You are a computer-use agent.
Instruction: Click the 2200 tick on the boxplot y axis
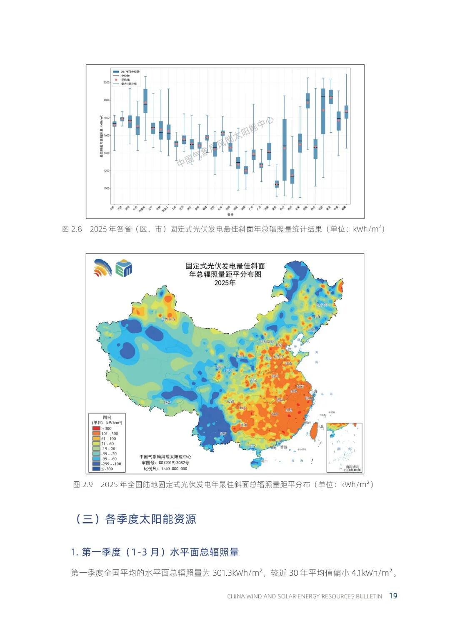pyautogui.click(x=107, y=83)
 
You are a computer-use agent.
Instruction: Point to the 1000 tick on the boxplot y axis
pyautogui.click(x=107, y=189)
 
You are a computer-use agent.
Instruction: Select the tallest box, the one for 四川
pyautogui.click(x=285, y=150)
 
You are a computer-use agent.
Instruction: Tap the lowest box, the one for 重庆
pyautogui.click(x=277, y=184)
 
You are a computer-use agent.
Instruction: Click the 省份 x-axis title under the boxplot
pyautogui.click(x=230, y=214)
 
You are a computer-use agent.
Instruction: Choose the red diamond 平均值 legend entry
pyautogui.click(x=116, y=80)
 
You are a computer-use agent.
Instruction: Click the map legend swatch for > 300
pyautogui.click(x=96, y=428)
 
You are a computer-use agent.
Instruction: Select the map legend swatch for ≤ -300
pyautogui.click(x=96, y=469)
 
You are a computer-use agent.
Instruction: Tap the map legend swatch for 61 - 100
pyautogui.click(x=96, y=439)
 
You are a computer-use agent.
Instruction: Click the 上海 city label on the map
pyautogui.click(x=313, y=391)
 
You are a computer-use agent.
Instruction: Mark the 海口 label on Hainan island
pyautogui.click(x=263, y=461)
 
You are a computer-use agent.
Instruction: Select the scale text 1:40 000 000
pyautogui.click(x=171, y=468)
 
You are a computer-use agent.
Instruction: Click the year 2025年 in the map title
pyautogui.click(x=225, y=283)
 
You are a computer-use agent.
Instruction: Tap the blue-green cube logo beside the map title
pyautogui.click(x=124, y=268)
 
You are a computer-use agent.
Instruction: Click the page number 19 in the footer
pyautogui.click(x=393, y=596)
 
